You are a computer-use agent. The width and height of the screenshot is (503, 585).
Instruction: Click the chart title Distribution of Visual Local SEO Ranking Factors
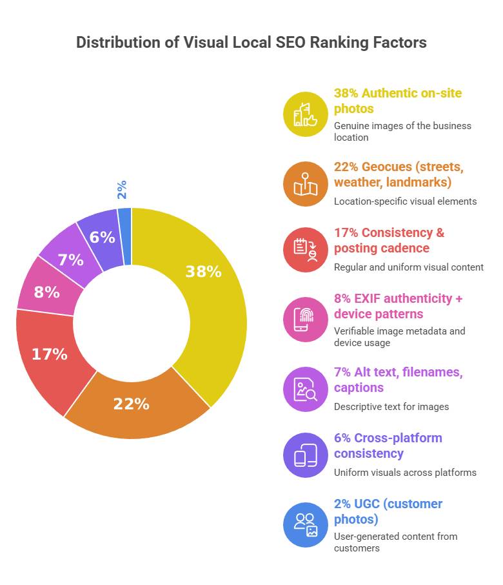tap(251, 43)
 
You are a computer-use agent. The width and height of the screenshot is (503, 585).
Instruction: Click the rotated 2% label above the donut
tap(121, 189)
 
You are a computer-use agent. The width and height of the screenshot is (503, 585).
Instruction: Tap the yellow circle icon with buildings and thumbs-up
tap(306, 114)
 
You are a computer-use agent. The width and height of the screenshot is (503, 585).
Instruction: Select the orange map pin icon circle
tap(306, 184)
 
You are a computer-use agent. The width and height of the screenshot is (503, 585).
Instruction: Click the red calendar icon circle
tap(306, 250)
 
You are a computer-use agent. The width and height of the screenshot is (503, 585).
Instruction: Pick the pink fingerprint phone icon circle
tap(306, 320)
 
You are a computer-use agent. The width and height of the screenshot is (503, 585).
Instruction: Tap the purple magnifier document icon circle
tap(306, 389)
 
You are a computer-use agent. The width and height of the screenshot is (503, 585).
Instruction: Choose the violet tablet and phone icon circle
tap(306, 455)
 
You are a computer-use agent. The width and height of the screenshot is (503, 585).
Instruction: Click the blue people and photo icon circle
tap(306, 524)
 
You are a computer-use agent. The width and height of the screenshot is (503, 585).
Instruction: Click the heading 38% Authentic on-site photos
tap(397, 101)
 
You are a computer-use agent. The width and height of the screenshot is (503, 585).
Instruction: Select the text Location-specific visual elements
tap(405, 201)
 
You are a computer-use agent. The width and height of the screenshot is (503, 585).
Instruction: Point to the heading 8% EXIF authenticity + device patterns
tap(398, 306)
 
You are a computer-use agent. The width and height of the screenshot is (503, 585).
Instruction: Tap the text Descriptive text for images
tap(391, 406)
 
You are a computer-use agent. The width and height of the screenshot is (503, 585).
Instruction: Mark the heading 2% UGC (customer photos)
tap(388, 511)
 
